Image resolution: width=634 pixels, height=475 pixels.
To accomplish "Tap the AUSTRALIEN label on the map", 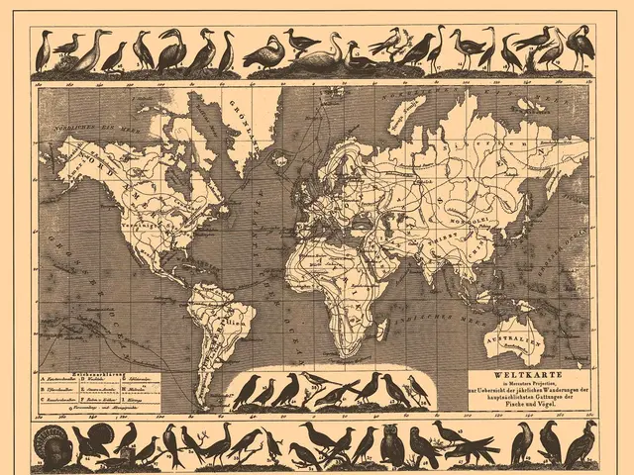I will tap(502, 336).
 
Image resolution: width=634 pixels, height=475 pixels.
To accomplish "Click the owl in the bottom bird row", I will tap(392, 445).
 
